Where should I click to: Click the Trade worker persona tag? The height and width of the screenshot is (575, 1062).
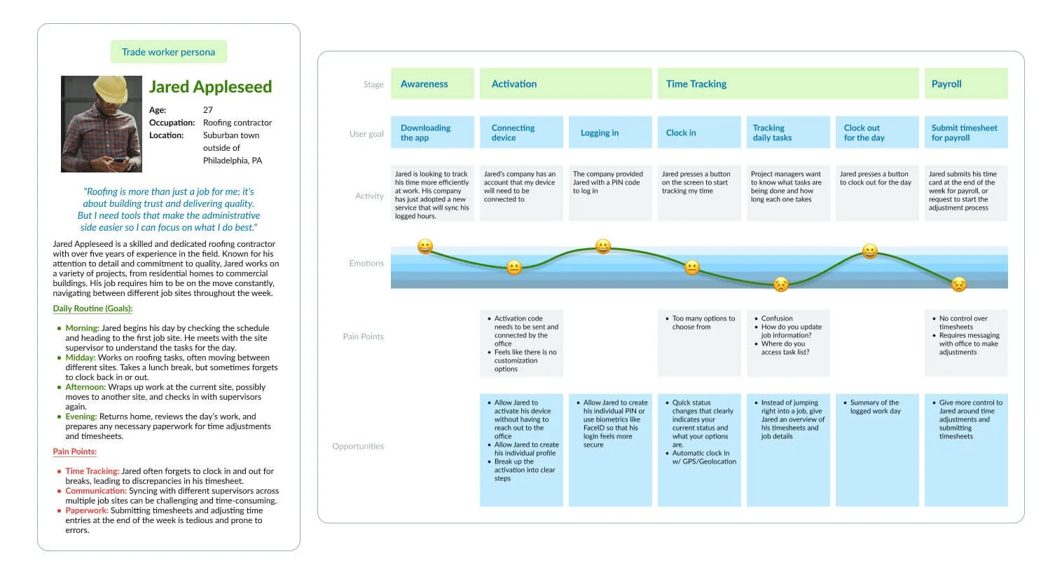pyautogui.click(x=168, y=52)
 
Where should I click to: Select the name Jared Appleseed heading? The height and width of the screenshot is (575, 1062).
pyautogui.click(x=210, y=87)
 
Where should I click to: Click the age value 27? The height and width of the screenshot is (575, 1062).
pyautogui.click(x=208, y=110)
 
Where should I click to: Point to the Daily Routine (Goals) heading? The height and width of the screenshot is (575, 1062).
pyautogui.click(x=92, y=309)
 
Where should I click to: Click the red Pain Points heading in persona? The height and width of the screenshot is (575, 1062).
pyautogui.click(x=75, y=452)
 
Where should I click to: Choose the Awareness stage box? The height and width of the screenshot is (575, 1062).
pyautogui.click(x=432, y=83)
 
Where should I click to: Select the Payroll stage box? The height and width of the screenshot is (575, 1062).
pyautogui.click(x=965, y=83)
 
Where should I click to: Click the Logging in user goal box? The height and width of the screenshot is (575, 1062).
pyautogui.click(x=609, y=133)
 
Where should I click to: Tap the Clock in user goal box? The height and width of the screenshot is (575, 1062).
pyautogui.click(x=698, y=133)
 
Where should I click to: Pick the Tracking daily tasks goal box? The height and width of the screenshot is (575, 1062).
pyautogui.click(x=787, y=133)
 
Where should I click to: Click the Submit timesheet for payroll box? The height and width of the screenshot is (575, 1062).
pyautogui.click(x=965, y=133)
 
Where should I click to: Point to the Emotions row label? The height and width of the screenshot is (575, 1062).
pyautogui.click(x=366, y=264)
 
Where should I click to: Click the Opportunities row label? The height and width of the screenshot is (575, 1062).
pyautogui.click(x=358, y=446)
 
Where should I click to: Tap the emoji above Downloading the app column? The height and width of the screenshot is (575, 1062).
pyautogui.click(x=425, y=247)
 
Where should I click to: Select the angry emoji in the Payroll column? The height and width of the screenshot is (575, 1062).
pyautogui.click(x=959, y=284)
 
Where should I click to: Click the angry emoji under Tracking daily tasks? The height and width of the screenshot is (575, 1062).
pyautogui.click(x=781, y=284)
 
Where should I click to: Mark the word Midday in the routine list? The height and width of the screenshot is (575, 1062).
pyautogui.click(x=81, y=358)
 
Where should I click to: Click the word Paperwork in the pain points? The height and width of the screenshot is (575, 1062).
pyautogui.click(x=87, y=510)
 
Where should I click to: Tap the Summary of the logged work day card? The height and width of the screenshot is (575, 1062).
pyautogui.click(x=876, y=449)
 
